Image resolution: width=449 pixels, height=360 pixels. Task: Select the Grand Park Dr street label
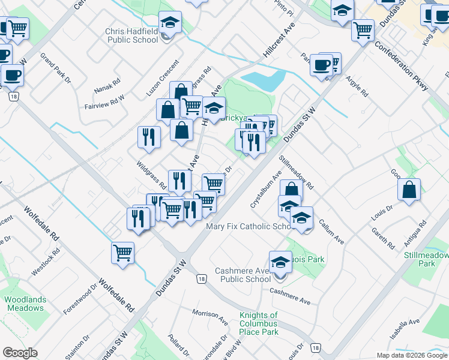(x=56, y=68)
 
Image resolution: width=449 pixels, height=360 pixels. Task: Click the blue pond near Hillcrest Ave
(x=262, y=80)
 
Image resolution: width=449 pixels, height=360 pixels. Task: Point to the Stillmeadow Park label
(x=427, y=259)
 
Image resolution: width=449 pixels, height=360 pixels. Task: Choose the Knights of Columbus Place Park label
(x=258, y=323)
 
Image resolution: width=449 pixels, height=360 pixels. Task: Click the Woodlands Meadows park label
(x=25, y=304)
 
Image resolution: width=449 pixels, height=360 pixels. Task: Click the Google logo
(x=20, y=352)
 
